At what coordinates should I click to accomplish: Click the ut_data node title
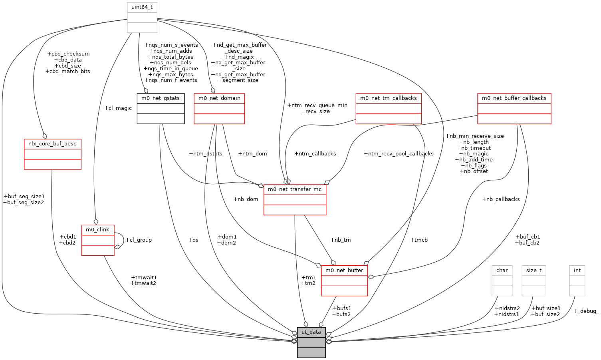[311, 332]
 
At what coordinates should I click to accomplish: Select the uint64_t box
[142, 18]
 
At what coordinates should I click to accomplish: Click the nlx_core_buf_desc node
[53, 154]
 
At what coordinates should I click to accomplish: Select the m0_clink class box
[98, 240]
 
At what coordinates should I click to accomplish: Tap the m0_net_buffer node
[344, 281]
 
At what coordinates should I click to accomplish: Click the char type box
[502, 281]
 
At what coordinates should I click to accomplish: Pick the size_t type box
[534, 281]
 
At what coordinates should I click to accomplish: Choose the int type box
[577, 281]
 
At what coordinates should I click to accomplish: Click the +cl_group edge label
[139, 240]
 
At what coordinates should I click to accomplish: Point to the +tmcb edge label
[419, 240]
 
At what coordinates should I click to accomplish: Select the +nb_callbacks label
[501, 199]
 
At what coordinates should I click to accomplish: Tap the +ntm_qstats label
[206, 154]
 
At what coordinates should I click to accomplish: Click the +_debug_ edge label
[586, 311]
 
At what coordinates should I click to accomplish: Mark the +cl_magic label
[118, 108]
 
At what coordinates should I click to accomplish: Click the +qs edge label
[193, 240]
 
